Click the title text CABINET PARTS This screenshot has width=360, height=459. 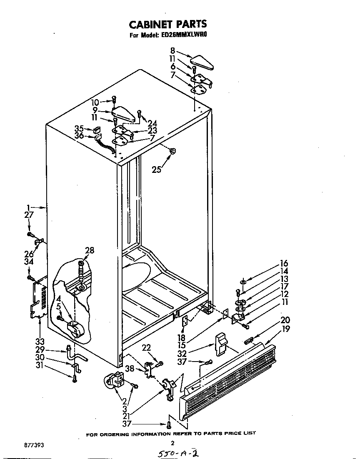pyautogui.click(x=167, y=24)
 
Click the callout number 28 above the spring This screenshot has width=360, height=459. pyautogui.click(x=90, y=250)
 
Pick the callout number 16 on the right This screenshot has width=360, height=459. pyautogui.click(x=284, y=264)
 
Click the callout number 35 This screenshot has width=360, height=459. pyautogui.click(x=80, y=128)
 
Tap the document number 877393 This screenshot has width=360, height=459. pyautogui.click(x=34, y=445)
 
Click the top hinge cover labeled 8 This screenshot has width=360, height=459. pyautogui.click(x=201, y=60)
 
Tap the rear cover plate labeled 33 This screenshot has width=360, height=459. pyautogui.click(x=39, y=299)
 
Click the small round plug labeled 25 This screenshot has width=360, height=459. pyautogui.click(x=173, y=151)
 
